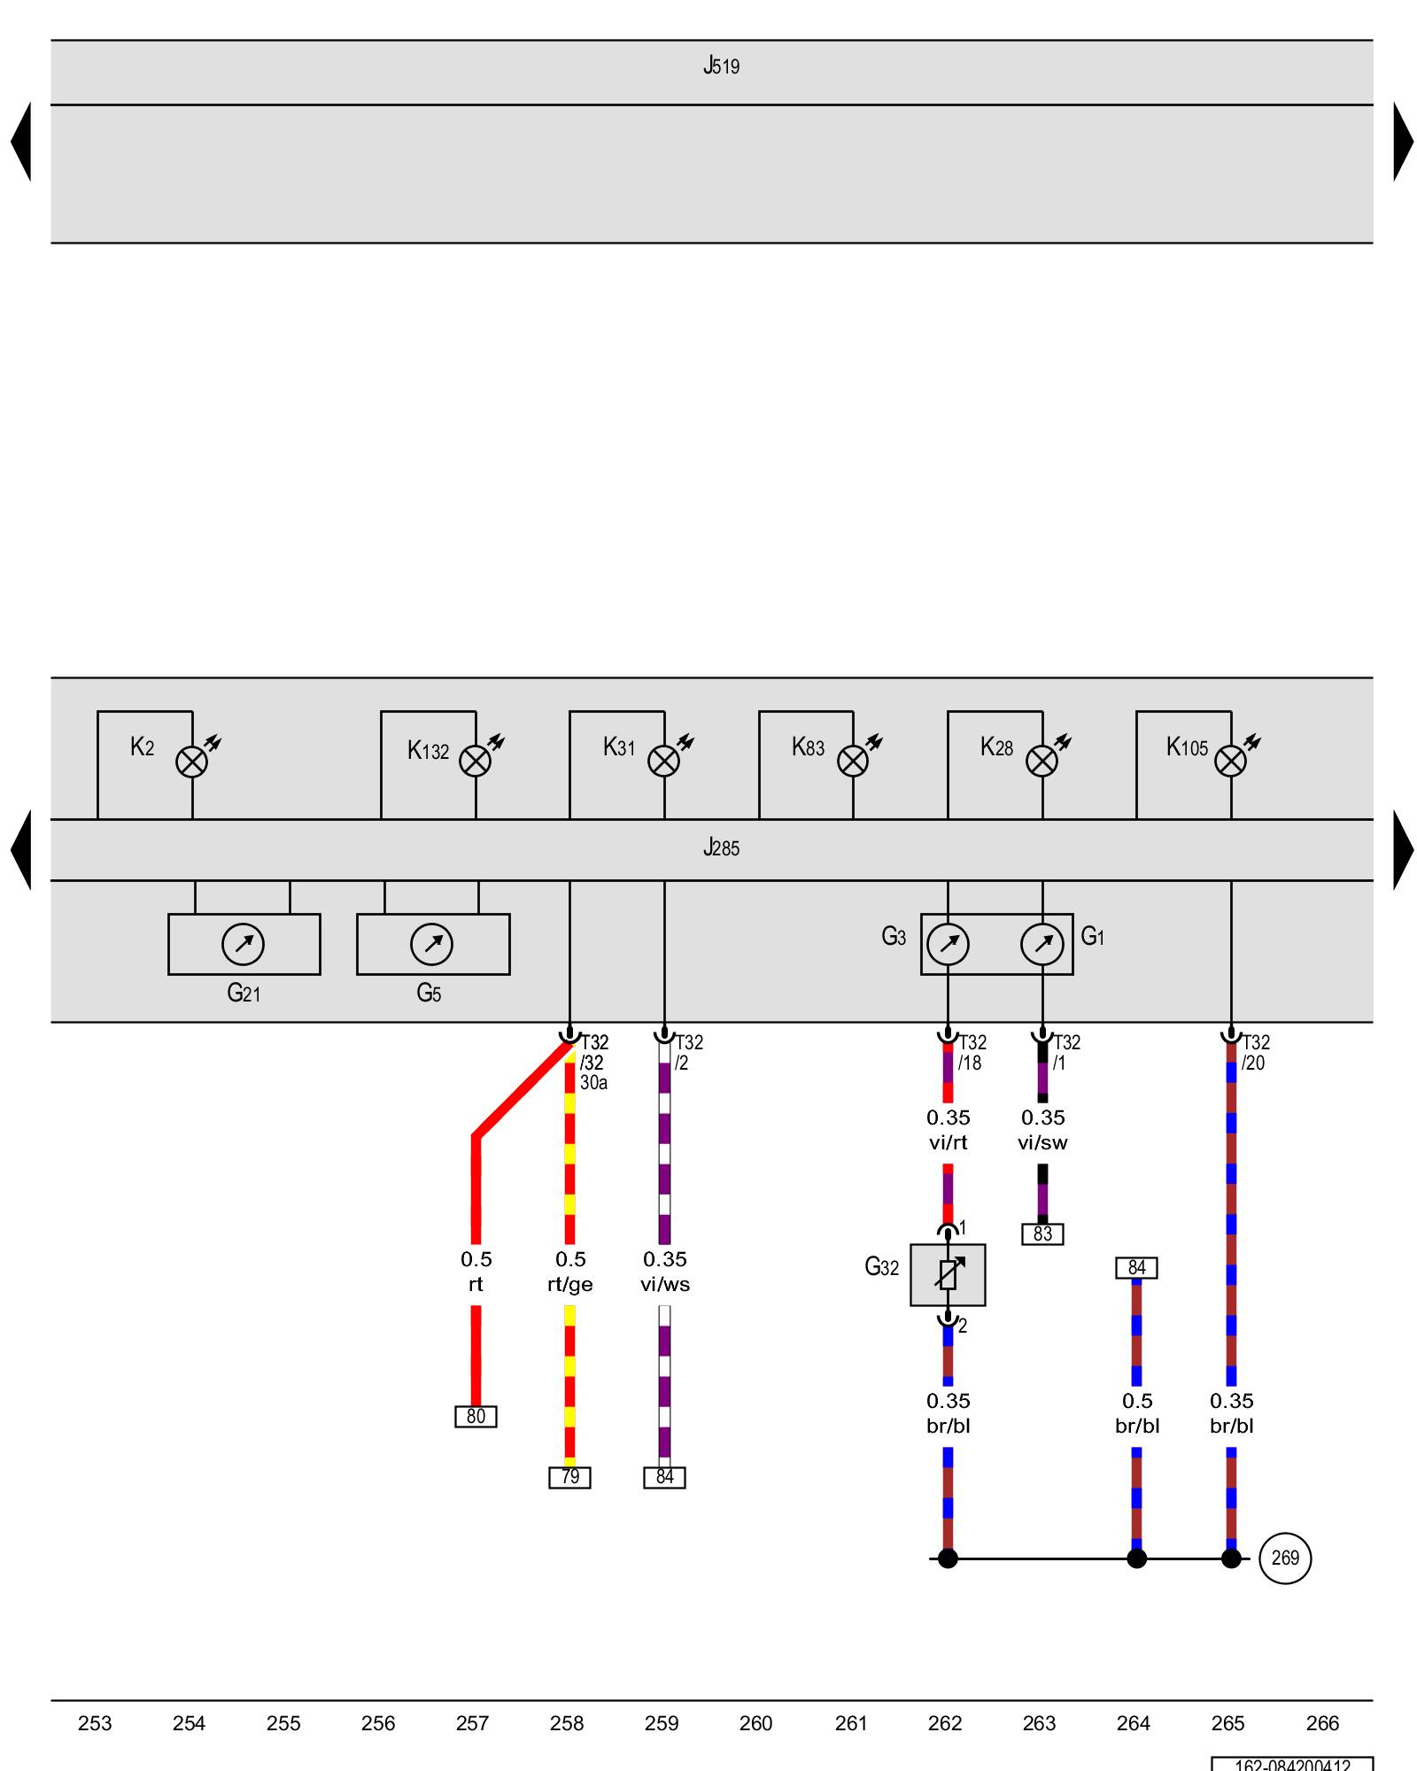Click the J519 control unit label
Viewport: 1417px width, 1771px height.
[x=721, y=66]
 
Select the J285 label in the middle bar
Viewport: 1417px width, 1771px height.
[x=721, y=848]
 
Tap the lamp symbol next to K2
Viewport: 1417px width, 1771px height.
[x=191, y=762]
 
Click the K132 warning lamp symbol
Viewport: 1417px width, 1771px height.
[x=476, y=762]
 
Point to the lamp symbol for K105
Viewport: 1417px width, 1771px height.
[x=1230, y=762]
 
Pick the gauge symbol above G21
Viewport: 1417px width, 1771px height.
[x=243, y=944]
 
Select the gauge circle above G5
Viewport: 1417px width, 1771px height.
[x=431, y=944]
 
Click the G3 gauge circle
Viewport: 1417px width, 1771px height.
[x=948, y=944]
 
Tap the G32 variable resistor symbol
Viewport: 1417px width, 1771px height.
[x=948, y=1275]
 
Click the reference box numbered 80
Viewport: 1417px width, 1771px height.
[x=476, y=1417]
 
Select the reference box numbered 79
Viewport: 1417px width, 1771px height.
[x=569, y=1477]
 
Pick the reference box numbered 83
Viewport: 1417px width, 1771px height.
[x=1042, y=1234]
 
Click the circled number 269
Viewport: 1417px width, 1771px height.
[x=1285, y=1558]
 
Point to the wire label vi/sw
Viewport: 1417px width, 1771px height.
[x=1042, y=1143]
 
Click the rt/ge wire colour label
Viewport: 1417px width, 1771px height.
[x=570, y=1285]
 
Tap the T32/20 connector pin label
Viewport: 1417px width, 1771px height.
[x=1255, y=1053]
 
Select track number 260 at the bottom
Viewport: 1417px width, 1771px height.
[x=755, y=1723]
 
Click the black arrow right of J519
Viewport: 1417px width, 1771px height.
[x=1403, y=142]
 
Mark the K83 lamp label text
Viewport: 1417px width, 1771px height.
[x=808, y=747]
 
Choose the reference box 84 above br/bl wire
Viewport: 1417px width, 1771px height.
[x=1136, y=1268]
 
